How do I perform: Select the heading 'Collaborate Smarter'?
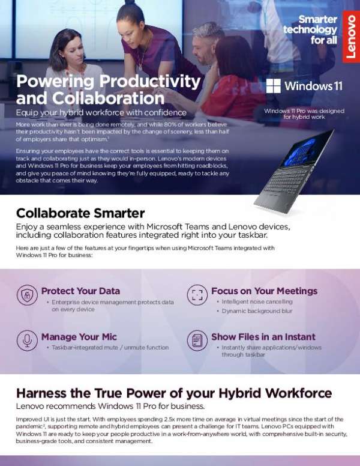(80, 213)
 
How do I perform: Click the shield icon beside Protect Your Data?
(27, 295)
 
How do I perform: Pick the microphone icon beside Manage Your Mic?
(27, 340)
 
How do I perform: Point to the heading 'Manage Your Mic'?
(79, 336)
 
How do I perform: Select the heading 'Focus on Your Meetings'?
(264, 291)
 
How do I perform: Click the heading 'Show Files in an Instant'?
(263, 336)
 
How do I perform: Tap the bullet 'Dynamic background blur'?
(257, 311)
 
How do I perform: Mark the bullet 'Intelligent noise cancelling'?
(257, 301)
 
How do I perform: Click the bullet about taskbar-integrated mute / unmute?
(110, 347)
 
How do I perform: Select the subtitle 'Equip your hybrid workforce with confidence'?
(101, 112)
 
